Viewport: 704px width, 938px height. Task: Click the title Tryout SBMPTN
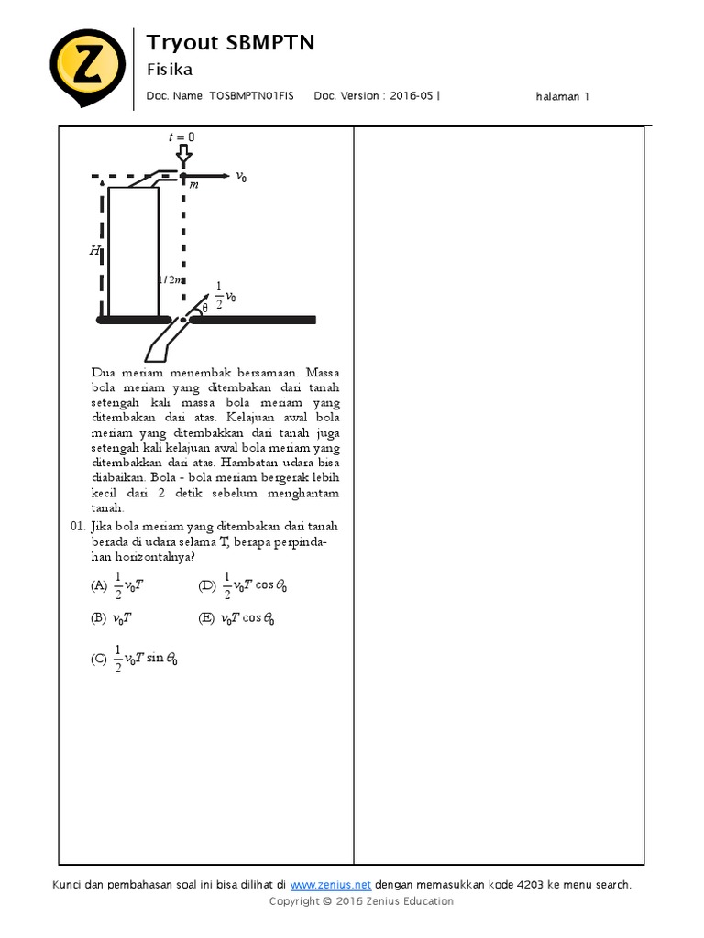click(x=230, y=42)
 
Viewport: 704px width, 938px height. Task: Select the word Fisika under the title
click(x=170, y=70)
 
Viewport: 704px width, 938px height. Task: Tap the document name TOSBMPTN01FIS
click(x=252, y=95)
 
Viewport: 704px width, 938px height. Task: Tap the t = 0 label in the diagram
click(x=181, y=137)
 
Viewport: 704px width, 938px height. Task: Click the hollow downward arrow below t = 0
click(x=183, y=153)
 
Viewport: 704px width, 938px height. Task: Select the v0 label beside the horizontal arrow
click(x=241, y=176)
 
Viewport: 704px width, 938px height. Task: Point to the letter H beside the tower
click(x=94, y=249)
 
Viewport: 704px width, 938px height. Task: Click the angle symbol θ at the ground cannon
click(x=204, y=309)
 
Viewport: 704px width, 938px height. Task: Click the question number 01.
click(x=77, y=527)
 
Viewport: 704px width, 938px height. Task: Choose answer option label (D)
click(x=207, y=585)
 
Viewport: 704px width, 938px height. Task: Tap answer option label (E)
click(x=207, y=618)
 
